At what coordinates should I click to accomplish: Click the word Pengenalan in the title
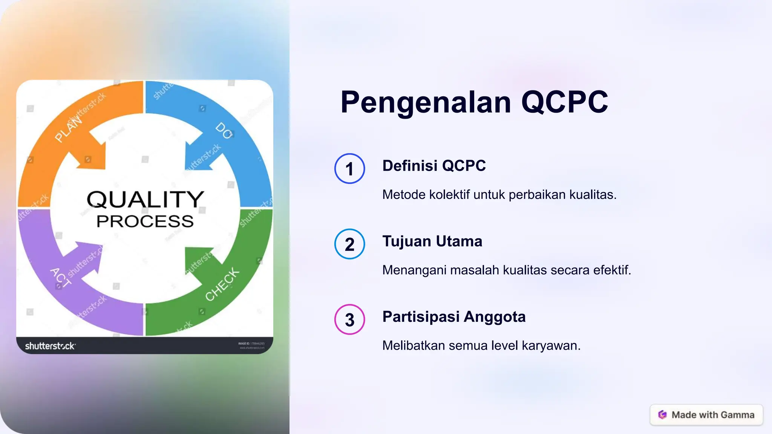click(426, 102)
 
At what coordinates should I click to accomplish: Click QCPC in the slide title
click(564, 102)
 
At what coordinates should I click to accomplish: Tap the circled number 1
click(349, 168)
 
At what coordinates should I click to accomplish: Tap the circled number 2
click(349, 244)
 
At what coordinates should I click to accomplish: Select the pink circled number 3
click(349, 319)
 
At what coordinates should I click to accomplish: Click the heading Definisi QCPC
click(434, 166)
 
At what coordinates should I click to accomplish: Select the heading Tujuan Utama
click(432, 241)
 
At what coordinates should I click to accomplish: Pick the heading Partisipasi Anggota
click(454, 316)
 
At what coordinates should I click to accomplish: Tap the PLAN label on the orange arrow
click(68, 130)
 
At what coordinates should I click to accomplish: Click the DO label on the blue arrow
click(224, 131)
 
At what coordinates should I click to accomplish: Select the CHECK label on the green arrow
click(222, 284)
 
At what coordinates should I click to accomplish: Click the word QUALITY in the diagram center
click(145, 199)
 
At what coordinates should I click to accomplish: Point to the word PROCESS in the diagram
click(145, 222)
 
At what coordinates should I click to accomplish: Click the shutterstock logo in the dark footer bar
click(50, 346)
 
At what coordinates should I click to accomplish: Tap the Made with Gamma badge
click(706, 415)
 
